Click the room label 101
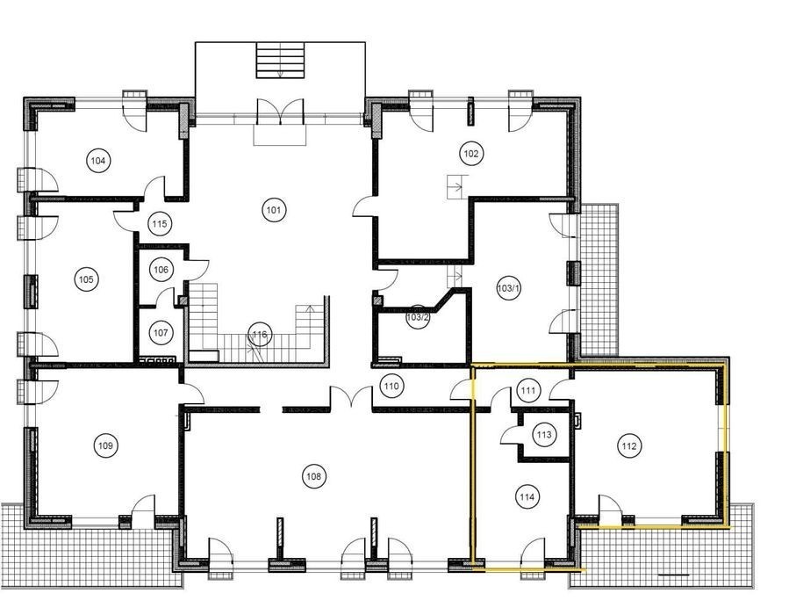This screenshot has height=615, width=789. click(274, 209)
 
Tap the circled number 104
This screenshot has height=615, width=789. click(98, 161)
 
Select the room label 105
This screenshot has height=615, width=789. click(86, 279)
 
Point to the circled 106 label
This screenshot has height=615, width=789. click(161, 270)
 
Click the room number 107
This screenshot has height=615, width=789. click(161, 332)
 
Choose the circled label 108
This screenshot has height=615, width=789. click(314, 476)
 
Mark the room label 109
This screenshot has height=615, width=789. click(105, 445)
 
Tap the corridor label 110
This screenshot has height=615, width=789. click(391, 387)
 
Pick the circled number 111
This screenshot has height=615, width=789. click(528, 390)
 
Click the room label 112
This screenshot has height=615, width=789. click(629, 445)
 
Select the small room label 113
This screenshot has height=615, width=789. click(544, 434)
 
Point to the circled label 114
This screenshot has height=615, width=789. click(527, 497)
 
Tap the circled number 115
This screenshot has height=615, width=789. click(160, 224)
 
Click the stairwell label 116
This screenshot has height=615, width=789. click(260, 334)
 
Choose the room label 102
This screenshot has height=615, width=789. click(471, 153)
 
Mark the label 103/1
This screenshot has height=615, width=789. click(508, 288)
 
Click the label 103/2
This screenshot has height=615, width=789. click(418, 317)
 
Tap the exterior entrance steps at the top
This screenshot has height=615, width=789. click(280, 61)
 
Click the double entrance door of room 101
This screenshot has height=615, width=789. click(280, 112)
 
